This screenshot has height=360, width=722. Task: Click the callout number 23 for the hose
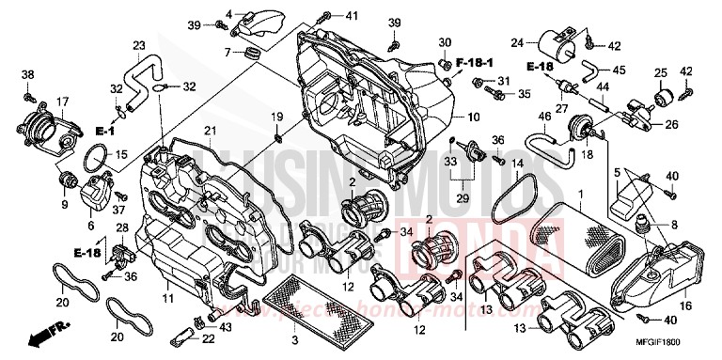tap(138, 46)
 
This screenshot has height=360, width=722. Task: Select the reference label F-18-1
tap(476, 62)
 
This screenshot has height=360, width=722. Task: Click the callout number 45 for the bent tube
tap(619, 69)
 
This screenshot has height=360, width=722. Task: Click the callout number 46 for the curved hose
tap(543, 117)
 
